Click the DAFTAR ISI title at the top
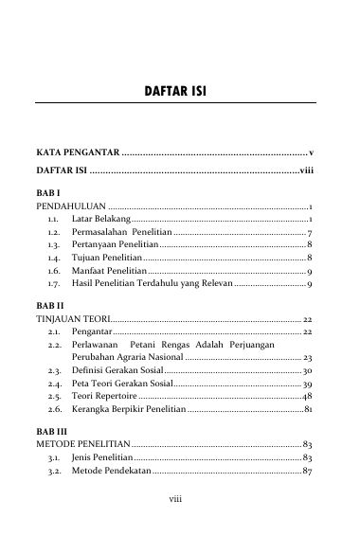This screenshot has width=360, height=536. (x=179, y=92)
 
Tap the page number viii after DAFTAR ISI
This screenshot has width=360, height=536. (x=305, y=171)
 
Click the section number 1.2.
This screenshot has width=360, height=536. (x=54, y=232)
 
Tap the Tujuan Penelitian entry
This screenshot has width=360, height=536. (x=106, y=258)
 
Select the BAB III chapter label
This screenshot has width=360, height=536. (x=50, y=433)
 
